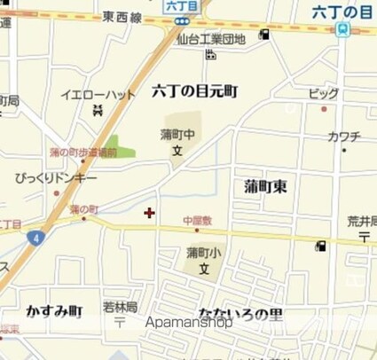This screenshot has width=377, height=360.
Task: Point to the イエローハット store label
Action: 98,94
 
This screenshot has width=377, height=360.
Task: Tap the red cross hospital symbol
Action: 148,212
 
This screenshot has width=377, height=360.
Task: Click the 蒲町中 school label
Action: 177,135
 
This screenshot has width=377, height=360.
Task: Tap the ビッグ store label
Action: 323,94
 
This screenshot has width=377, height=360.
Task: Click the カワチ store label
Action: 343,137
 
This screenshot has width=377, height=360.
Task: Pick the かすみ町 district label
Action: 48,311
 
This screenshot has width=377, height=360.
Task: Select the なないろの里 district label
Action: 240,315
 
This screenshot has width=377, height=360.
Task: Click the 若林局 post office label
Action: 120,307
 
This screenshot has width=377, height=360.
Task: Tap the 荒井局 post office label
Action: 362,222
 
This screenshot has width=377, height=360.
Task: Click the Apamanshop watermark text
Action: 190,323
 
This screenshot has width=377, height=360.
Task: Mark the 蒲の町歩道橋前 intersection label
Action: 83,153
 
